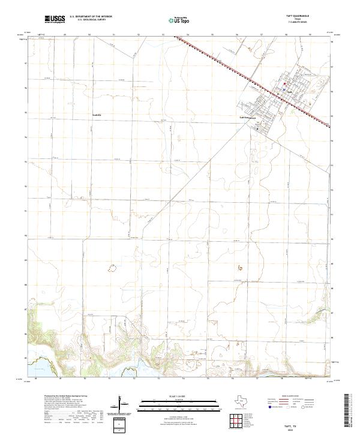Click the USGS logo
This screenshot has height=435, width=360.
tap(55, 19)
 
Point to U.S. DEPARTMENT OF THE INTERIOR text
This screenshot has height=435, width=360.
tap(91, 16)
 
